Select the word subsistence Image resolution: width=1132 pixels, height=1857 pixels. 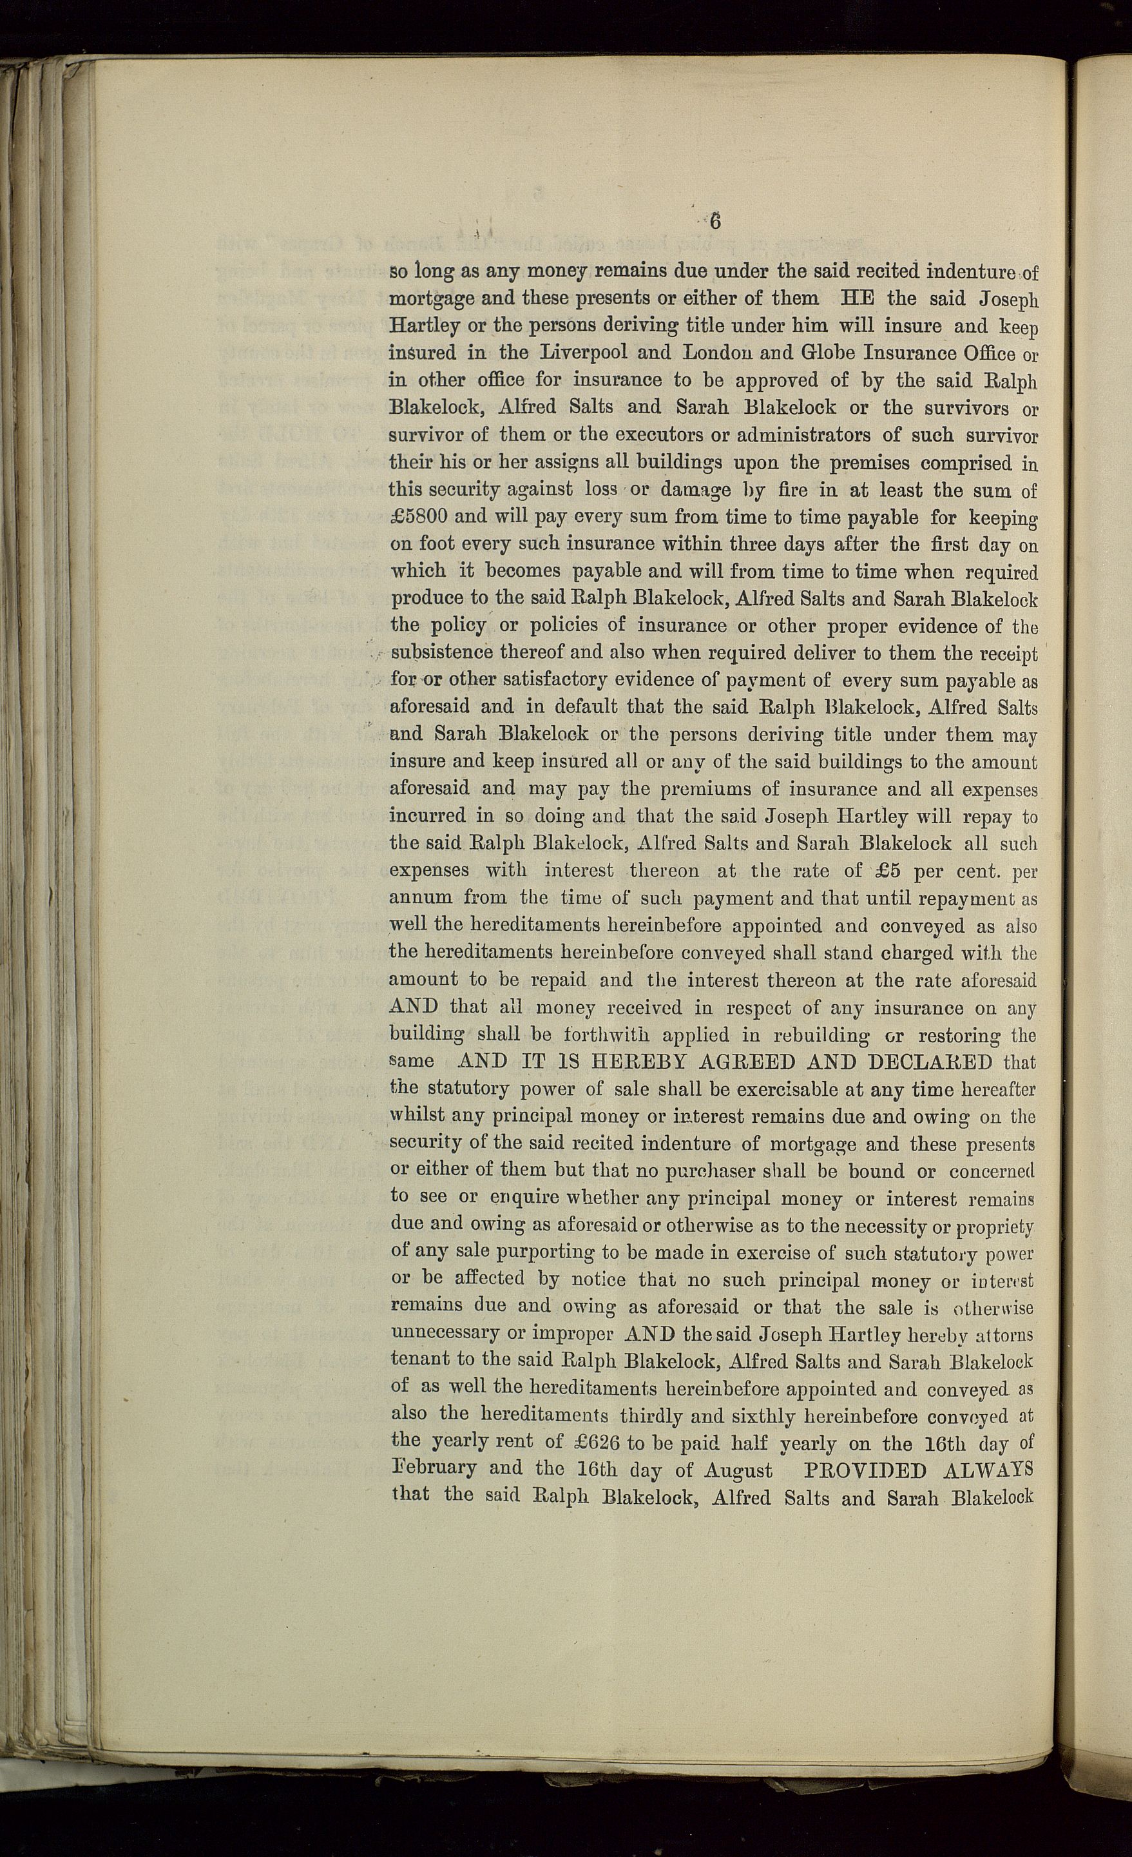pos(441,653)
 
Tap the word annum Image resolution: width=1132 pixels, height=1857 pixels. pos(421,899)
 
